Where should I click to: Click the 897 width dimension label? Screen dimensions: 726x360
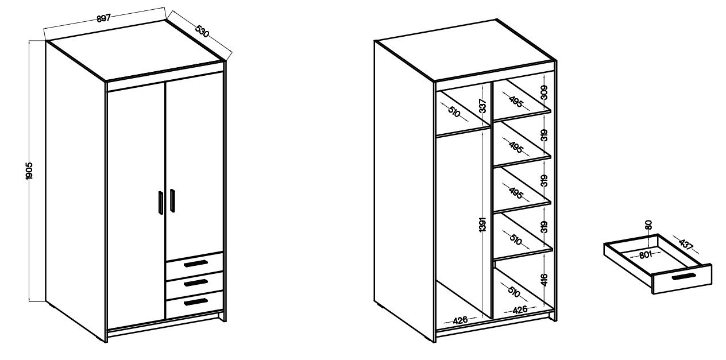click(x=104, y=18)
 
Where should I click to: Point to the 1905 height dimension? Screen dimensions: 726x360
click(x=29, y=171)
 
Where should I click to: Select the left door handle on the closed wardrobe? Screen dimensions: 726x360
click(x=161, y=203)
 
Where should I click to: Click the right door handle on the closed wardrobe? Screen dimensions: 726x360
click(x=172, y=200)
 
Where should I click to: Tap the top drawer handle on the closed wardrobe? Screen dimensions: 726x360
click(x=196, y=264)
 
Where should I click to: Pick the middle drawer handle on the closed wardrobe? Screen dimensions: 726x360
click(x=196, y=282)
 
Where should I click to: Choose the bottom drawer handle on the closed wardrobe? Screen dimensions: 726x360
click(x=196, y=301)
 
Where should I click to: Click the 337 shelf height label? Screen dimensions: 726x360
click(x=483, y=106)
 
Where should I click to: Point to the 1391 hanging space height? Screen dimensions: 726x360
click(x=482, y=224)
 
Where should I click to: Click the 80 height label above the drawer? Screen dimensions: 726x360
click(x=648, y=225)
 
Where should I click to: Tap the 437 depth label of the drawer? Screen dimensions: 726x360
click(x=686, y=243)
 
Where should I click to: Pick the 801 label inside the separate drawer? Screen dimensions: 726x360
click(x=645, y=255)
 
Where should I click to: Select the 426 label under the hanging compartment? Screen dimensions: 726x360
click(x=460, y=320)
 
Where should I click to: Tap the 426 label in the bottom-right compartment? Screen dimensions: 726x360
click(x=520, y=310)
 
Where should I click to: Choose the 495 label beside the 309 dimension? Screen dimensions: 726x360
click(x=516, y=102)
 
